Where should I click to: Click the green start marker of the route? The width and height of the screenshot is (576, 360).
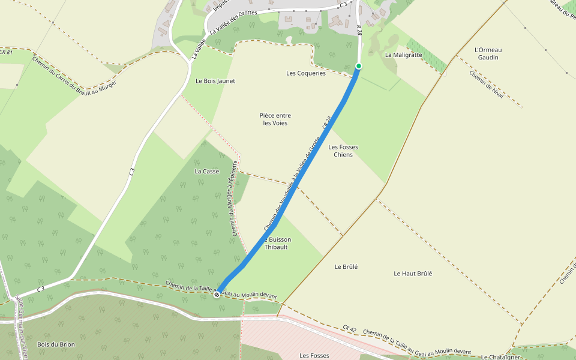pyautogui.click(x=359, y=66)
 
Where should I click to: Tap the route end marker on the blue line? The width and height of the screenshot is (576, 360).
pyautogui.click(x=217, y=295)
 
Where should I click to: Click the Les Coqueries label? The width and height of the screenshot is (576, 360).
pyautogui.click(x=306, y=73)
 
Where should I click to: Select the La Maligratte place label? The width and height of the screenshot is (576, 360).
pyautogui.click(x=404, y=55)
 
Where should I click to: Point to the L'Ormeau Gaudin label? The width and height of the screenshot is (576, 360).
pyautogui.click(x=487, y=53)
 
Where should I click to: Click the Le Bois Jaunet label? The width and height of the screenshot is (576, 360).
pyautogui.click(x=215, y=80)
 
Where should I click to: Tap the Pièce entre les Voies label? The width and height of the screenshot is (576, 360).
pyautogui.click(x=275, y=119)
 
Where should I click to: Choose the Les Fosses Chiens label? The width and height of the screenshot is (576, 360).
pyautogui.click(x=343, y=151)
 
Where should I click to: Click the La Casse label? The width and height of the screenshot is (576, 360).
pyautogui.click(x=207, y=171)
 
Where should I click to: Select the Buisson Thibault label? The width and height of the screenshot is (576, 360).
pyautogui.click(x=277, y=243)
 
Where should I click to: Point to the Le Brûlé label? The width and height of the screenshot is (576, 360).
pyautogui.click(x=346, y=266)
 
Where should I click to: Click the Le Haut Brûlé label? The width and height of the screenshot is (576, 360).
pyautogui.click(x=413, y=274)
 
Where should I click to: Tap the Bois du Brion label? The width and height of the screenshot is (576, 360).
pyautogui.click(x=56, y=344)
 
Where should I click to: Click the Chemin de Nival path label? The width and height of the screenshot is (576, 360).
pyautogui.click(x=487, y=85)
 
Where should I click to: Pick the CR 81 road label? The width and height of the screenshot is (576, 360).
pyautogui.click(x=6, y=52)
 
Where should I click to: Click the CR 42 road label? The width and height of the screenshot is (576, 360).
pyautogui.click(x=350, y=329)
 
